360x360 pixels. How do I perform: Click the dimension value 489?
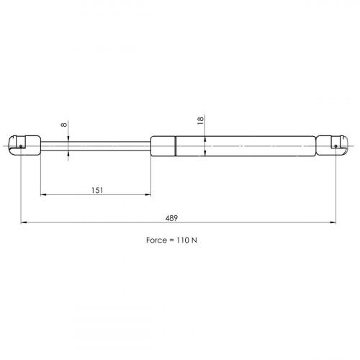pos(171,218)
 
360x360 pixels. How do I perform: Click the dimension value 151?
pos(97,191)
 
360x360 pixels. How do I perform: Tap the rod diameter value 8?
pos(64,125)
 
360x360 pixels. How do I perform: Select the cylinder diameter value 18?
pos(200,120)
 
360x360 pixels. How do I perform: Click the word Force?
pos(156,240)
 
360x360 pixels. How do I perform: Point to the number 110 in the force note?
pos(183,240)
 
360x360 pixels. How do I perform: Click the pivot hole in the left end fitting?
pos(21,146)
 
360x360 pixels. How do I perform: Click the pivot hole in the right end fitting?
pos(336,146)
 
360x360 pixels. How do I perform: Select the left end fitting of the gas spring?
pos(24,145)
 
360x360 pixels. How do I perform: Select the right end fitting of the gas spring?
pos(332,145)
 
